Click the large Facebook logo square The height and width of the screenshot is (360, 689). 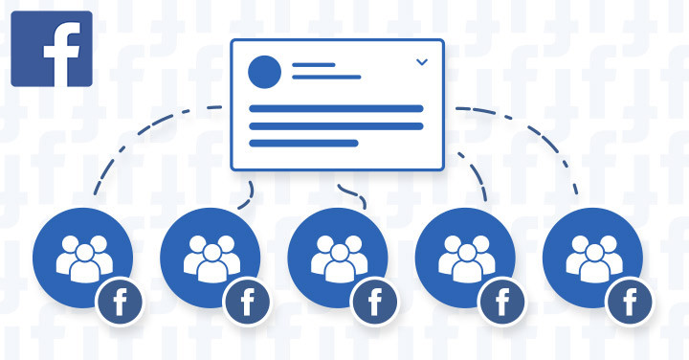tap(51, 50)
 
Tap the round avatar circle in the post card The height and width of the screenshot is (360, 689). tap(265, 72)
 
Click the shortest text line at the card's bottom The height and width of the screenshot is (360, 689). tap(303, 143)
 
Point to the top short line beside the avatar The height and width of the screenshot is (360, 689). tap(313, 65)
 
